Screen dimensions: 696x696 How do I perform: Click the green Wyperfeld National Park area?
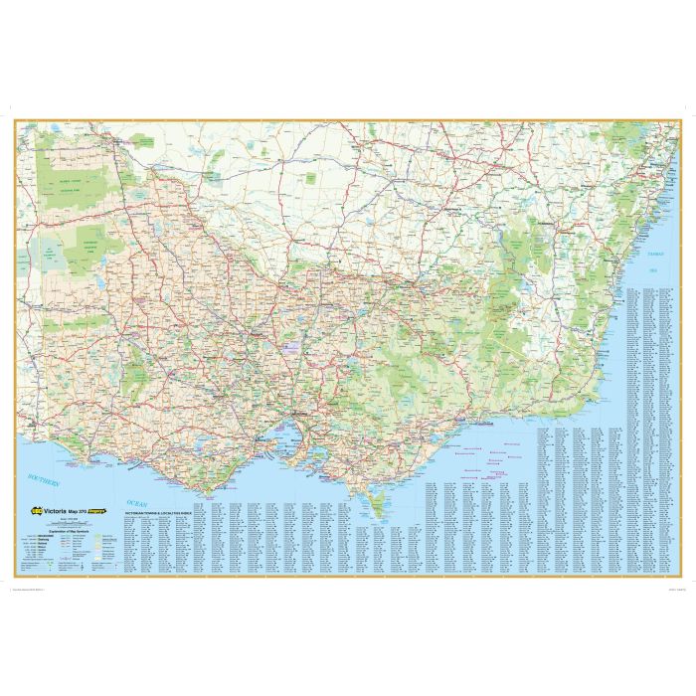[90, 240]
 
